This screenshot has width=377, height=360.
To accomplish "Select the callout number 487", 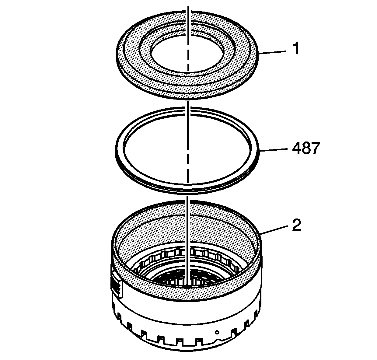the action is click(x=306, y=148).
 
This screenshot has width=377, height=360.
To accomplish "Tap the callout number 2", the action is click(x=297, y=225).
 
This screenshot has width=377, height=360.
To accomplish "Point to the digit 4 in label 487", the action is click(x=297, y=148).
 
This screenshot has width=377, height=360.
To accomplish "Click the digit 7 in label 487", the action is click(x=316, y=148).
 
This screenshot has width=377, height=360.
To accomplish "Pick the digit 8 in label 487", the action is click(x=306, y=148).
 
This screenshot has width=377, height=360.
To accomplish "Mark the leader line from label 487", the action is click(x=273, y=150).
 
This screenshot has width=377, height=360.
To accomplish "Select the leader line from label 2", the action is click(x=274, y=231).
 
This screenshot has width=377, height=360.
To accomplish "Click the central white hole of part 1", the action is click(x=187, y=54).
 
